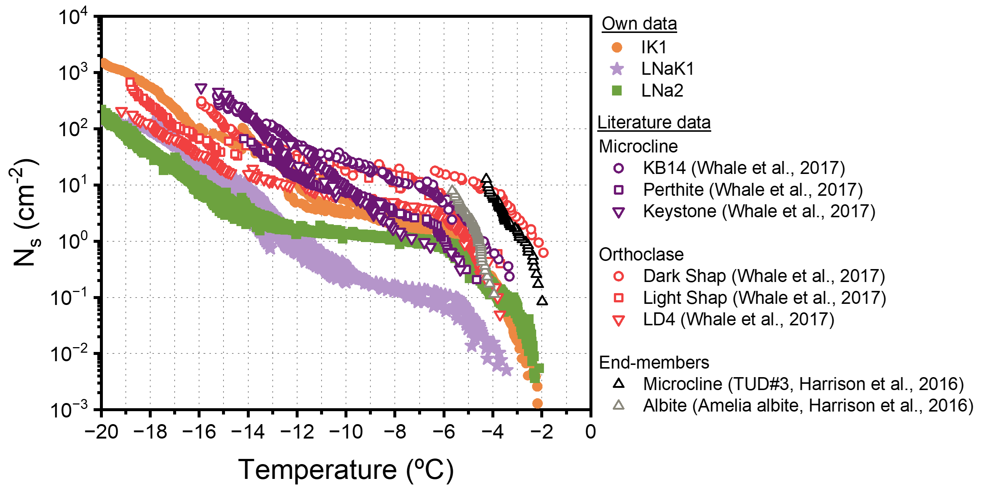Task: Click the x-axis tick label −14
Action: [x=248, y=432]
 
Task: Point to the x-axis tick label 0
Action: [x=590, y=432]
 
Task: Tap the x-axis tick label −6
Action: [x=443, y=432]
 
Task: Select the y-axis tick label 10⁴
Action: [x=73, y=17]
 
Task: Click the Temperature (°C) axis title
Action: [x=346, y=469]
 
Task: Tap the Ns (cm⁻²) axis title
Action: [x=25, y=212]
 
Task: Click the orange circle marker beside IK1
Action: [x=616, y=48]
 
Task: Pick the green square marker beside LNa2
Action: [x=616, y=91]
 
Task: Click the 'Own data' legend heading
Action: [x=639, y=24]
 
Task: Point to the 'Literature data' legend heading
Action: [x=654, y=123]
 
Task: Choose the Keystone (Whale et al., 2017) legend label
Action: [x=759, y=211]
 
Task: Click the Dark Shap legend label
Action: [x=764, y=276]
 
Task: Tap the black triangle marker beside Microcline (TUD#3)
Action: [x=618, y=384]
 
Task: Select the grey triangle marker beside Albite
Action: [x=618, y=405]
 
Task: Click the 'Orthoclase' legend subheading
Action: [x=641, y=254]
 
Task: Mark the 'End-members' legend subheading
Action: [x=654, y=362]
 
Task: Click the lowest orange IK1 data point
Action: [x=537, y=403]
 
